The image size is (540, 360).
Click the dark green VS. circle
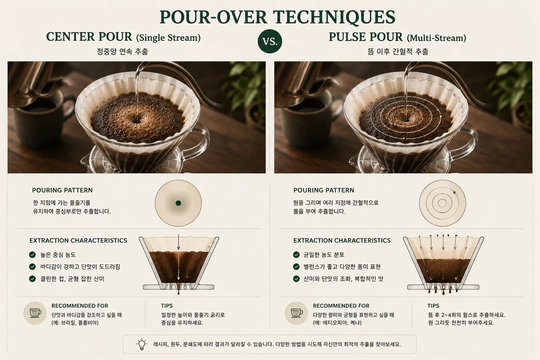click(270, 41)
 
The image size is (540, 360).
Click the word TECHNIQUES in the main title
click(334, 17)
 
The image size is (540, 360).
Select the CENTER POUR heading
click(89, 37)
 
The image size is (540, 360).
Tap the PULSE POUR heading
click(366, 37)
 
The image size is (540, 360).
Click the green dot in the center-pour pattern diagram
click(178, 203)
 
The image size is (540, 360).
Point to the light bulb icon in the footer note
click(142, 344)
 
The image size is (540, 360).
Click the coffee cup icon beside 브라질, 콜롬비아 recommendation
click(35, 313)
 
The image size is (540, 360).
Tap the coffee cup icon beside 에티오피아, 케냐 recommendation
click(296, 313)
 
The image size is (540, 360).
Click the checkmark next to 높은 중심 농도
click(32, 255)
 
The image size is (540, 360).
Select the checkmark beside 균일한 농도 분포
click(296, 255)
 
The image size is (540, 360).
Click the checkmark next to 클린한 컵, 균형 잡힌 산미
click(32, 279)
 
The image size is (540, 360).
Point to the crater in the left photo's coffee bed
click(137, 120)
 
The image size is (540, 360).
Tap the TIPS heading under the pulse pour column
click(433, 306)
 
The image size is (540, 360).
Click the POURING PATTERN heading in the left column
click(62, 190)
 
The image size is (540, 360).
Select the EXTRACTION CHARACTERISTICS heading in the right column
click(342, 240)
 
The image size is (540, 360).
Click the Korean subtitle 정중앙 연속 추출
click(122, 51)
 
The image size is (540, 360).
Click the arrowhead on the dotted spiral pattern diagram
click(455, 193)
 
